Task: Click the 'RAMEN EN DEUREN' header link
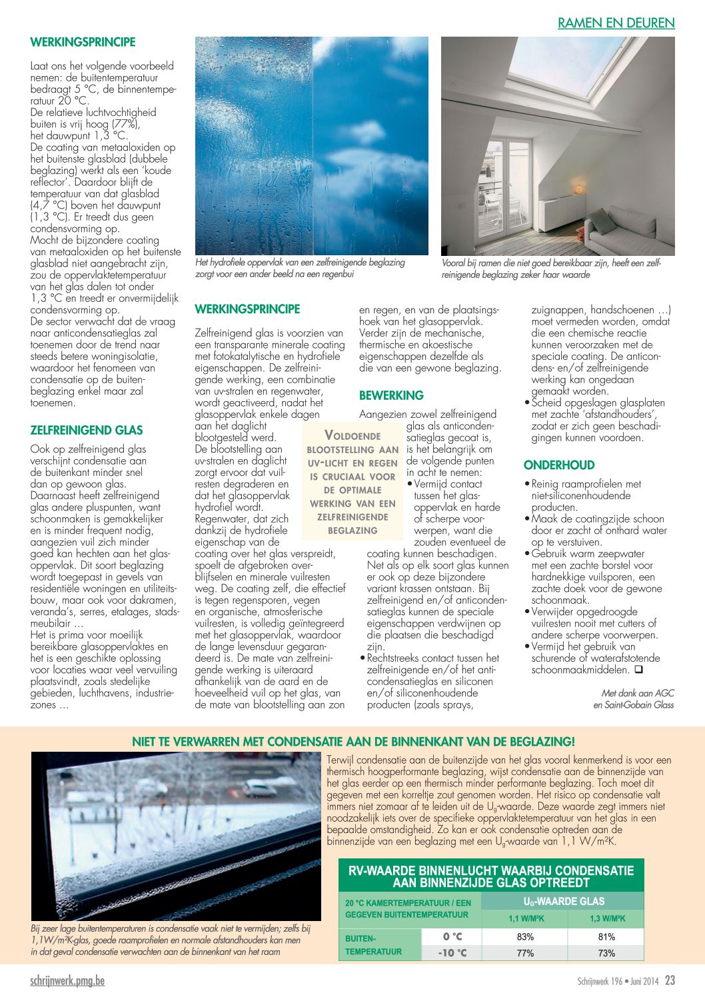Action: click(616, 23)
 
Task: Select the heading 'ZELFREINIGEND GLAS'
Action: click(87, 431)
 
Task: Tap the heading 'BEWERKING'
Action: click(391, 395)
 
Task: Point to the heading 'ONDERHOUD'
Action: click(559, 465)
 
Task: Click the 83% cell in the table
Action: click(525, 936)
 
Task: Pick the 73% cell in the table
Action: click(606, 953)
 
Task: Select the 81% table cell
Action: click(606, 936)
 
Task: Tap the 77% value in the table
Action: click(525, 953)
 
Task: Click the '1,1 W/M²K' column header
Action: click(526, 918)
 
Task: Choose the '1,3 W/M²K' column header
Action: click(607, 918)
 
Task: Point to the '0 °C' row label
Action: click(452, 936)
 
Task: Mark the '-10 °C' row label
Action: click(452, 953)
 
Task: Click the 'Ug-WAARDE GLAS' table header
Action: click(564, 901)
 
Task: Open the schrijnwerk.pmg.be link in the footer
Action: click(67, 980)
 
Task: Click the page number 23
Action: click(670, 980)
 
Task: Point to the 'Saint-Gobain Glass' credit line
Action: click(633, 704)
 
